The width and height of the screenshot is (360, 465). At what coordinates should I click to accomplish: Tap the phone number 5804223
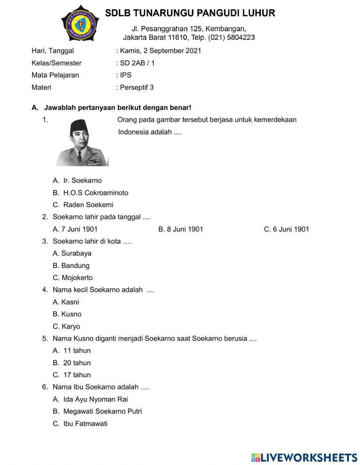click(x=241, y=37)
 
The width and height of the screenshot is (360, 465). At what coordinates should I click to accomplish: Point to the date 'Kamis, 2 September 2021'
click(x=161, y=51)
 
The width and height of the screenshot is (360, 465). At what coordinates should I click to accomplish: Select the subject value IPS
click(x=126, y=75)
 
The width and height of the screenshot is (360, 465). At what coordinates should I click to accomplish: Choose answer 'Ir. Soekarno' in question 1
click(x=82, y=180)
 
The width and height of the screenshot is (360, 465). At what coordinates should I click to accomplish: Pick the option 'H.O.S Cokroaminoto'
click(x=95, y=193)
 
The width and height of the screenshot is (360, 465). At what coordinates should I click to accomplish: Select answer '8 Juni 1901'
click(x=181, y=229)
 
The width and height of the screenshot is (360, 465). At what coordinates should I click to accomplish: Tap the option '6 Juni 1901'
click(x=287, y=229)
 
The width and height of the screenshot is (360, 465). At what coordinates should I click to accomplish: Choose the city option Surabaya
click(x=76, y=253)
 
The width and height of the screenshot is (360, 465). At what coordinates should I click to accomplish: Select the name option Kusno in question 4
click(x=71, y=314)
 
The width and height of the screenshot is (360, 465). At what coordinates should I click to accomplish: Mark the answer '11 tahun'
click(x=77, y=350)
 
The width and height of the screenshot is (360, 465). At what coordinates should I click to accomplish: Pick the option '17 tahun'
click(x=77, y=375)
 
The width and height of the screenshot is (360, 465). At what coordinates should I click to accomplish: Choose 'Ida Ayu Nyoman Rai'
click(x=95, y=399)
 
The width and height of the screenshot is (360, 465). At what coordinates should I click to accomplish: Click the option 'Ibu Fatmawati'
click(x=85, y=424)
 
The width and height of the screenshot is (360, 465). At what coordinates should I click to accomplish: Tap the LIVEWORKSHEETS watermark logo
click(x=304, y=457)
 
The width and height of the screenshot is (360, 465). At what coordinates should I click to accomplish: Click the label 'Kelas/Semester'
click(x=57, y=63)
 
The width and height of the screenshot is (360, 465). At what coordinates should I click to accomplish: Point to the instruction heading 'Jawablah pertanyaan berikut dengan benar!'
click(x=117, y=108)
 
